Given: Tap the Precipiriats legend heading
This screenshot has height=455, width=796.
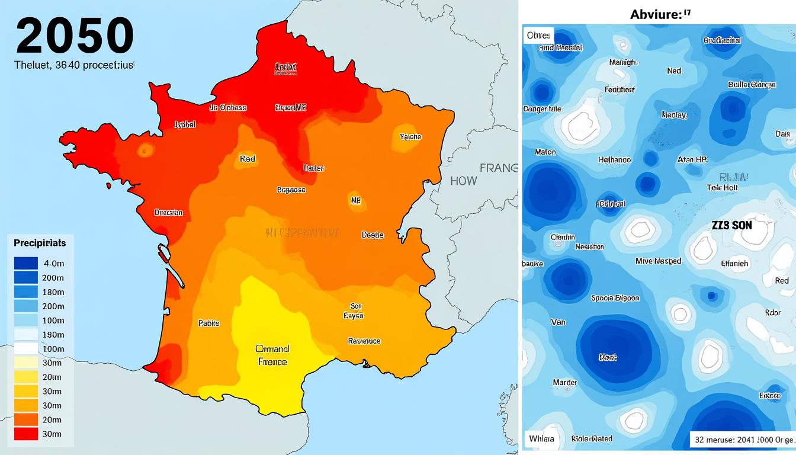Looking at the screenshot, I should tap(40, 243).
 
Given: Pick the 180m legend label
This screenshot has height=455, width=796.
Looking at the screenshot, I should tap(53, 291).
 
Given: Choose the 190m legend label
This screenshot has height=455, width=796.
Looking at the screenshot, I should tap(53, 335).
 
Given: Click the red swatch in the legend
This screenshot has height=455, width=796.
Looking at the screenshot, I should tap(25, 434).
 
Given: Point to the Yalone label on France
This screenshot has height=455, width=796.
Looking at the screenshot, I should tap(410, 137).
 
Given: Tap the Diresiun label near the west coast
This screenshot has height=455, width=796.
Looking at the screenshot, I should tap(168, 212).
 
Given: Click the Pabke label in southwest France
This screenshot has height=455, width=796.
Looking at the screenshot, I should tap(208, 323).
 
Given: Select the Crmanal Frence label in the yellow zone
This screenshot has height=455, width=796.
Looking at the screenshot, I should tap(272, 355).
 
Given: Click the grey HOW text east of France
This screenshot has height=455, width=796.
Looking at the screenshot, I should tap(463, 181).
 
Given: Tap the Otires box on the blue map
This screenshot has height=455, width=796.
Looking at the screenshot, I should tap(538, 36).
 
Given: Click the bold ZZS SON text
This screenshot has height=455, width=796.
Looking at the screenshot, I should tap(731, 226).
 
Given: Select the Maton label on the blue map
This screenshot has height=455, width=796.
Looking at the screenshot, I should tap(545, 152).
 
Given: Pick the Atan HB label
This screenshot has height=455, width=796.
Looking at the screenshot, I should tap(692, 160).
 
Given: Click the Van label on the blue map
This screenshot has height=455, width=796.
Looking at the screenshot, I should tap(558, 322).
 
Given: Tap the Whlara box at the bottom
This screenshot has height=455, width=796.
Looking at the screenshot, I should tap(541, 438).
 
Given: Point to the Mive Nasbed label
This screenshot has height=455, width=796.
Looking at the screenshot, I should tap(658, 261).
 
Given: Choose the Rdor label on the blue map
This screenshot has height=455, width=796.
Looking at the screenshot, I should tap(773, 313).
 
